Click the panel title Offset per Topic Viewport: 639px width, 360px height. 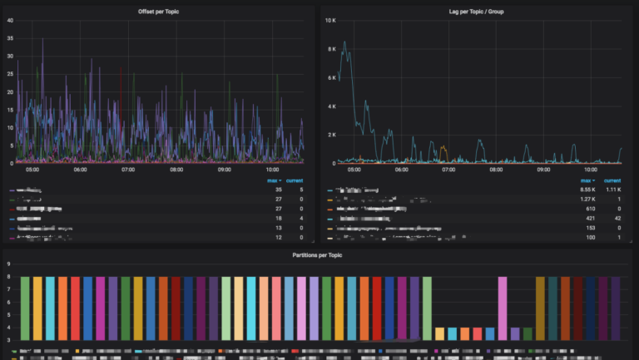158,11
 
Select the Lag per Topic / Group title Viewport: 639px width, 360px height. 476,11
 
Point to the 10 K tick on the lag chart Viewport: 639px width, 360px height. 330,20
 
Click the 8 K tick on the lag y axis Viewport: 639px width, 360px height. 331,49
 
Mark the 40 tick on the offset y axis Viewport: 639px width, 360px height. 9,20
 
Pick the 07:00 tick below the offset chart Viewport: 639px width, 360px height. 128,170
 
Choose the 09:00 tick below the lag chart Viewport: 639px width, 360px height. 542,170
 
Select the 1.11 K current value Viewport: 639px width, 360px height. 612,190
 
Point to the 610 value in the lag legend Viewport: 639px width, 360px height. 590,209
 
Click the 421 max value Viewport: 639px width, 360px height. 590,219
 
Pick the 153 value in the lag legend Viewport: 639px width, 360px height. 590,228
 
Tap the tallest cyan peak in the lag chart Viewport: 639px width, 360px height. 344,42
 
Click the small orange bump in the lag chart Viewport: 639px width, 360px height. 443,148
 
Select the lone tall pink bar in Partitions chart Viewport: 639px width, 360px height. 503,308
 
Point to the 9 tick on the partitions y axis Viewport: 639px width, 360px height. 9,264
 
